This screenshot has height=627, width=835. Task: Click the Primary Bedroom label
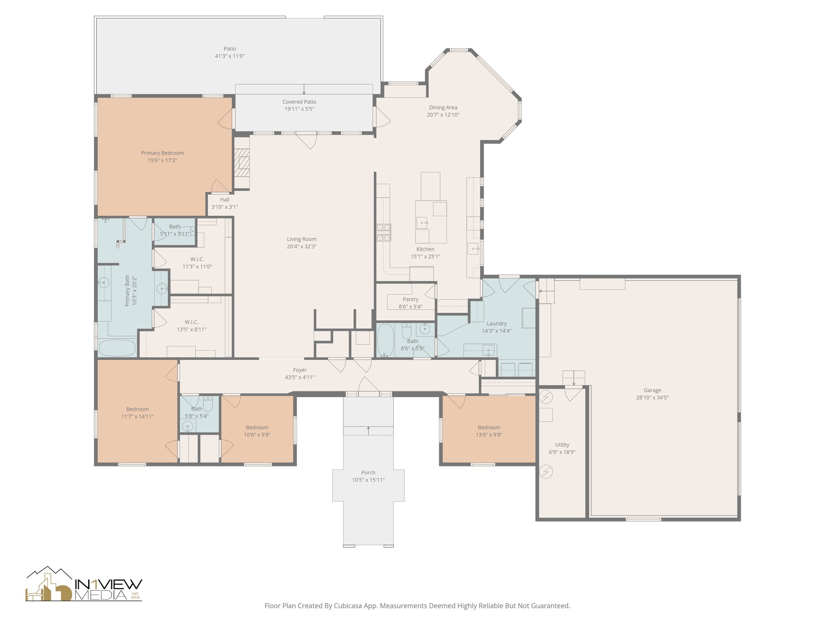pyautogui.click(x=162, y=153)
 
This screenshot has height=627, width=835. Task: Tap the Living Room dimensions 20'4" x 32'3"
pyautogui.click(x=302, y=247)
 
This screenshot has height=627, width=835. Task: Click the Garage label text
pyautogui.click(x=652, y=390)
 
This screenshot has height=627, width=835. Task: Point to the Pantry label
pyautogui.click(x=411, y=299)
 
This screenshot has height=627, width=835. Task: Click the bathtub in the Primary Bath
pyautogui.click(x=117, y=348)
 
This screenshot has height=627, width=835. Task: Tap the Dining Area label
pyautogui.click(x=443, y=107)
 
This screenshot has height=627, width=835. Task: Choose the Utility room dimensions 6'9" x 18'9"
pyautogui.click(x=562, y=452)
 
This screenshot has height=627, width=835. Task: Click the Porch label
pyautogui.click(x=368, y=473)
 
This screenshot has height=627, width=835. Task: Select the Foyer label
pyautogui.click(x=300, y=370)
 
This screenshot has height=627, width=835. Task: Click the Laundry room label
pyautogui.click(x=497, y=324)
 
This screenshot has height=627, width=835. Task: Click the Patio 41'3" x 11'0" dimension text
pyautogui.click(x=230, y=56)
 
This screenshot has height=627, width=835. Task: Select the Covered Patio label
pyautogui.click(x=299, y=102)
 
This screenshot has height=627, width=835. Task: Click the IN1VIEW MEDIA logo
pyautogui.click(x=84, y=584)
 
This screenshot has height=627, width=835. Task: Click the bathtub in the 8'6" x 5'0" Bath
pyautogui.click(x=385, y=340)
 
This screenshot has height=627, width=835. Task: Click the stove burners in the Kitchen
pyautogui.click(x=384, y=233)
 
